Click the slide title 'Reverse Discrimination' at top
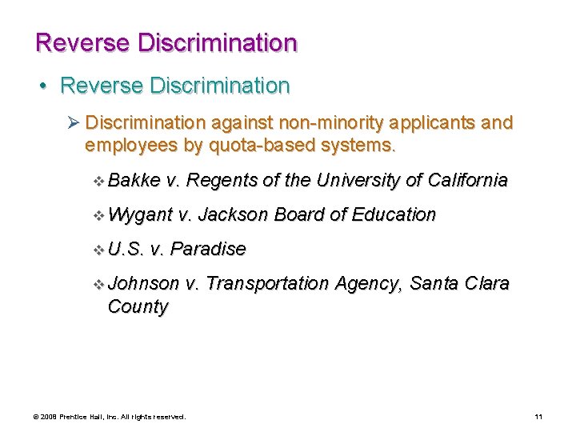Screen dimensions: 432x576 [x=166, y=42]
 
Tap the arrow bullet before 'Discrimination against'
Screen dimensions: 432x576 [x=74, y=123]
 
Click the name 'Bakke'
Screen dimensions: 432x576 [x=134, y=181]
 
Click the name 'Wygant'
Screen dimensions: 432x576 [x=140, y=215]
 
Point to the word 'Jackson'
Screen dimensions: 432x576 [x=232, y=215]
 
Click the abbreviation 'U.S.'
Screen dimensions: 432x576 [x=126, y=250]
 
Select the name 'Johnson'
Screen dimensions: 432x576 [x=143, y=284]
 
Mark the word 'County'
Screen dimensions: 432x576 [x=138, y=307]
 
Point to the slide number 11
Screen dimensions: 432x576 [x=538, y=417]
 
